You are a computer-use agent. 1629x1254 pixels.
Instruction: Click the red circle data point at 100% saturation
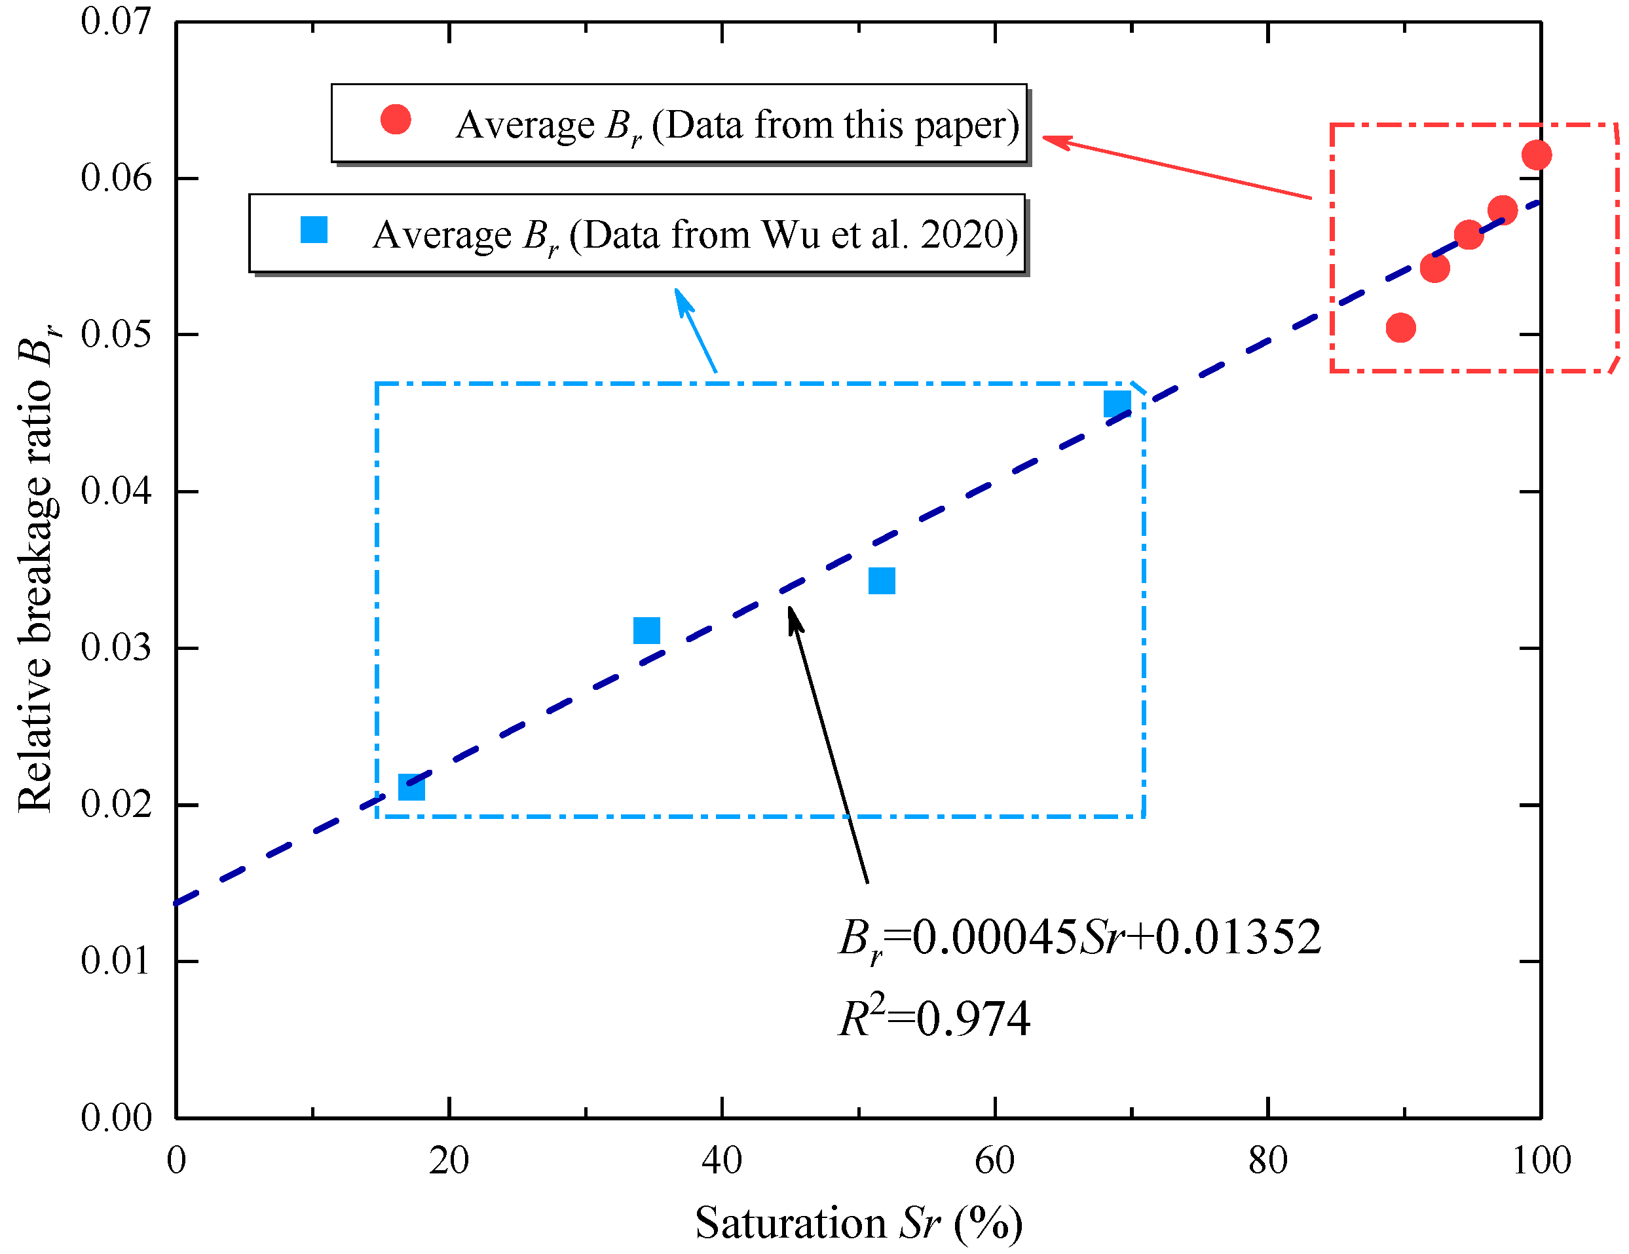[x=1537, y=155]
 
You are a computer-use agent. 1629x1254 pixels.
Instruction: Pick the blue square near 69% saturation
[x=1117, y=404]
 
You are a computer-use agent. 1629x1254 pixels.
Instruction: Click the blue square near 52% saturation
[x=882, y=580]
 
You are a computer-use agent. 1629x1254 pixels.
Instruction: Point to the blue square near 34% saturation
[x=646, y=630]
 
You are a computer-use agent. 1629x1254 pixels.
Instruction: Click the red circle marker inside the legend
[x=396, y=119]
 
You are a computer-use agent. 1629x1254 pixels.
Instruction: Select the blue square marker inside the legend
[x=314, y=230]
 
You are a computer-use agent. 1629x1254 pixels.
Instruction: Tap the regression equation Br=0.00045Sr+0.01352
[x=1079, y=938]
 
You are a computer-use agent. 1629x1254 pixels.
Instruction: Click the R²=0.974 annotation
[x=934, y=1018]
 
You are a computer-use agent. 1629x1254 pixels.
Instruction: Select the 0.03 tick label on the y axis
[x=116, y=647]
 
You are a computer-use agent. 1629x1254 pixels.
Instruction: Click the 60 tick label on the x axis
[x=994, y=1161]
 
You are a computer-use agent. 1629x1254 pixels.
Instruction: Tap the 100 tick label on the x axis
[x=1540, y=1161]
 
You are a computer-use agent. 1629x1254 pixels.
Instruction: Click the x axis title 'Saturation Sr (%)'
[x=858, y=1223]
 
